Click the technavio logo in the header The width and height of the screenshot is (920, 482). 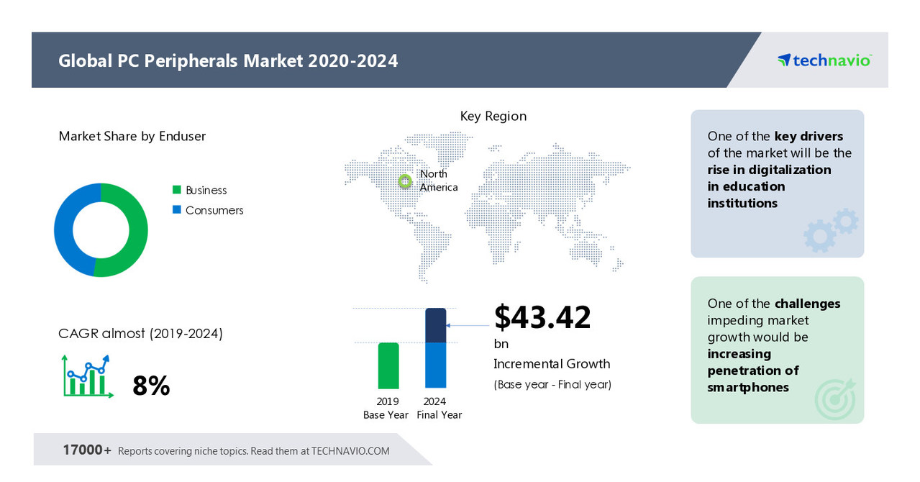click(x=824, y=60)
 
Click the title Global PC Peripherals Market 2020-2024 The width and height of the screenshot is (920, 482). click(x=228, y=60)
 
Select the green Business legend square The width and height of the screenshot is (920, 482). click(x=176, y=190)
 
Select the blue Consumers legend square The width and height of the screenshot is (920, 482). click(x=176, y=210)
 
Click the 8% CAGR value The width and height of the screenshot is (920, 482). click(x=151, y=386)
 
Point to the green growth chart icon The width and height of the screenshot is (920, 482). click(x=87, y=376)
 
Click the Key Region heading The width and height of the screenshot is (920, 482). click(x=493, y=116)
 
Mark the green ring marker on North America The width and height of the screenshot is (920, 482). click(x=406, y=181)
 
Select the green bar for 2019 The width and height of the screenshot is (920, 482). click(x=388, y=365)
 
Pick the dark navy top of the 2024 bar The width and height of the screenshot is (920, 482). click(x=436, y=325)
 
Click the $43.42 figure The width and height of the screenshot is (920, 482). click(x=542, y=317)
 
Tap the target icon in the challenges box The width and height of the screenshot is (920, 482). click(x=834, y=399)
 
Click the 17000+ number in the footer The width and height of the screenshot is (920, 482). click(x=87, y=450)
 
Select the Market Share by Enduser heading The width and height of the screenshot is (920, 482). click(x=132, y=136)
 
